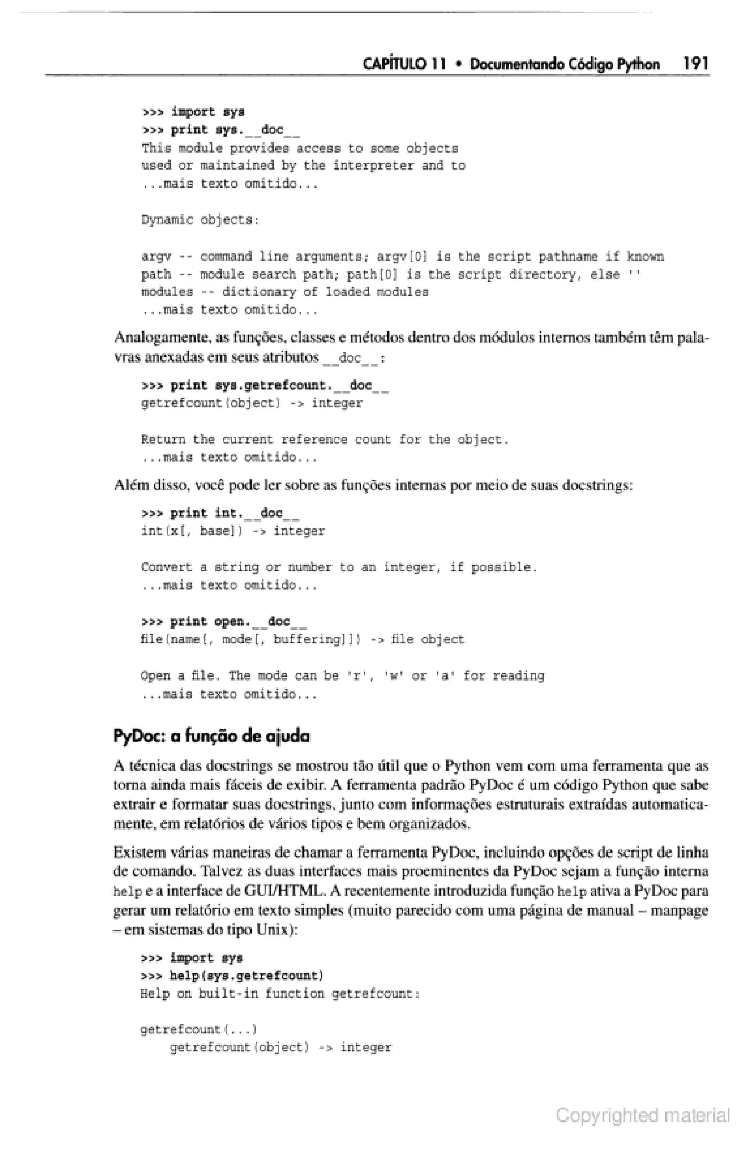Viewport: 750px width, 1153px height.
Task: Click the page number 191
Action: pyautogui.click(x=696, y=63)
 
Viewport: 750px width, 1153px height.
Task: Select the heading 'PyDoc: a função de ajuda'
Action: pyautogui.click(x=211, y=736)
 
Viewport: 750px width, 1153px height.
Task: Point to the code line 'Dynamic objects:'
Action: pyautogui.click(x=200, y=220)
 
